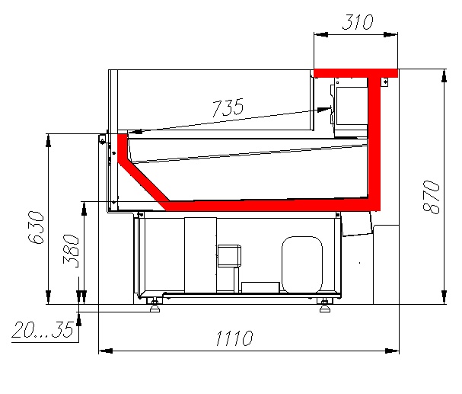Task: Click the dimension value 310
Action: pyautogui.click(x=358, y=22)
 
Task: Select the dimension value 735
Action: pyautogui.click(x=228, y=107)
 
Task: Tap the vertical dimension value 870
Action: pyautogui.click(x=431, y=197)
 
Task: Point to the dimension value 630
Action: pyautogui.click(x=36, y=227)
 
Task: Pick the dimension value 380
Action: pyautogui.click(x=71, y=251)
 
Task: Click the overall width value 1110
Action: pyautogui.click(x=234, y=338)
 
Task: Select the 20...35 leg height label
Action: pyautogui.click(x=43, y=329)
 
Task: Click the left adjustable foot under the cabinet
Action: pyautogui.click(x=155, y=305)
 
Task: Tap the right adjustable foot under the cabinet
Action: pyautogui.click(x=325, y=305)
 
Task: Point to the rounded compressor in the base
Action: pyautogui.click(x=302, y=264)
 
